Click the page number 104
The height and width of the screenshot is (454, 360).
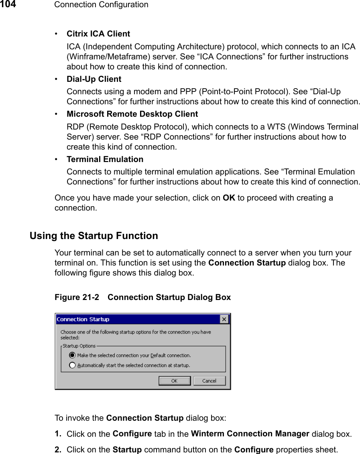pyautogui.click(x=8, y=4)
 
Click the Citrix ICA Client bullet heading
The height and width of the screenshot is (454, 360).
pyautogui.click(x=98, y=34)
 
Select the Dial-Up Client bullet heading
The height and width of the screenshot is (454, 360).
pyautogui.click(x=94, y=79)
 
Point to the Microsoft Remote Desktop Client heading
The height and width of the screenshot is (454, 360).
pyautogui.click(x=132, y=114)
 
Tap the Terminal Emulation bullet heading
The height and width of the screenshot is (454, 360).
pyautogui.click(x=105, y=159)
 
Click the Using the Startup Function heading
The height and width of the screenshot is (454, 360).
pyautogui.click(x=94, y=236)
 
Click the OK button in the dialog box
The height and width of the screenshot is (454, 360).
pyautogui.click(x=174, y=381)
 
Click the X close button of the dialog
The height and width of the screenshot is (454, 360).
pyautogui.click(x=224, y=319)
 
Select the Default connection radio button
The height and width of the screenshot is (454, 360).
pyautogui.click(x=72, y=355)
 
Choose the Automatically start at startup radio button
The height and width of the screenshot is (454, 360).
pyautogui.click(x=72, y=365)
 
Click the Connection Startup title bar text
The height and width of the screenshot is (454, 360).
pyautogui.click(x=83, y=319)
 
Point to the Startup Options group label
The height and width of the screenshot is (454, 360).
pyautogui.click(x=79, y=346)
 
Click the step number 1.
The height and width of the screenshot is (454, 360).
pyautogui.click(x=58, y=434)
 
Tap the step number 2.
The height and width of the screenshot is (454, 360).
pyautogui.click(x=58, y=449)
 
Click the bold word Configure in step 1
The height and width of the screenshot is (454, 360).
pyautogui.click(x=132, y=434)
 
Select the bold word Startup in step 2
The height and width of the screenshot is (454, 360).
pyautogui.click(x=127, y=449)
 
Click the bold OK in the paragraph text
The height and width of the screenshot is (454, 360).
pyautogui.click(x=229, y=198)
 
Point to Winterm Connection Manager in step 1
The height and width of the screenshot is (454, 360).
pyautogui.click(x=250, y=434)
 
